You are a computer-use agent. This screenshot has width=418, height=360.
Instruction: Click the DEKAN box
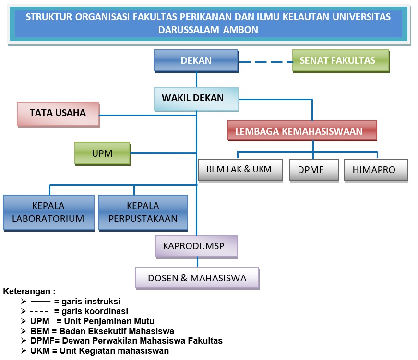click(196, 61)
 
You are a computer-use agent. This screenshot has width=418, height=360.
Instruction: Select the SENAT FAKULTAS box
click(340, 61)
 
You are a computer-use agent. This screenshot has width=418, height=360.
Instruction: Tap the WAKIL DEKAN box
click(196, 98)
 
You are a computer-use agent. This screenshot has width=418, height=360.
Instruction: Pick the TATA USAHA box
click(58, 113)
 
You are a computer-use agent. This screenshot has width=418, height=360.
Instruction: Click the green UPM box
click(102, 153)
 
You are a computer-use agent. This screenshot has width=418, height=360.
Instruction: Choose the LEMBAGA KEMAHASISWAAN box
click(302, 131)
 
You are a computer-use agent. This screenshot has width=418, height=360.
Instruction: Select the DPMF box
click(314, 170)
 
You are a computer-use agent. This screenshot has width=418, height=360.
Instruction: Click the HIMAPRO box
click(376, 170)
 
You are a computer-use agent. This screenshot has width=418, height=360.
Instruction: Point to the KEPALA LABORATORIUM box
click(48, 212)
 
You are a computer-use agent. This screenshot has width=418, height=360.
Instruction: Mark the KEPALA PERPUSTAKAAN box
click(143, 212)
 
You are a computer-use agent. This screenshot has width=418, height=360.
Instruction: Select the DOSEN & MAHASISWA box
click(197, 278)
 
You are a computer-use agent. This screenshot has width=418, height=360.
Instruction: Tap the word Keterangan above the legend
click(29, 291)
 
